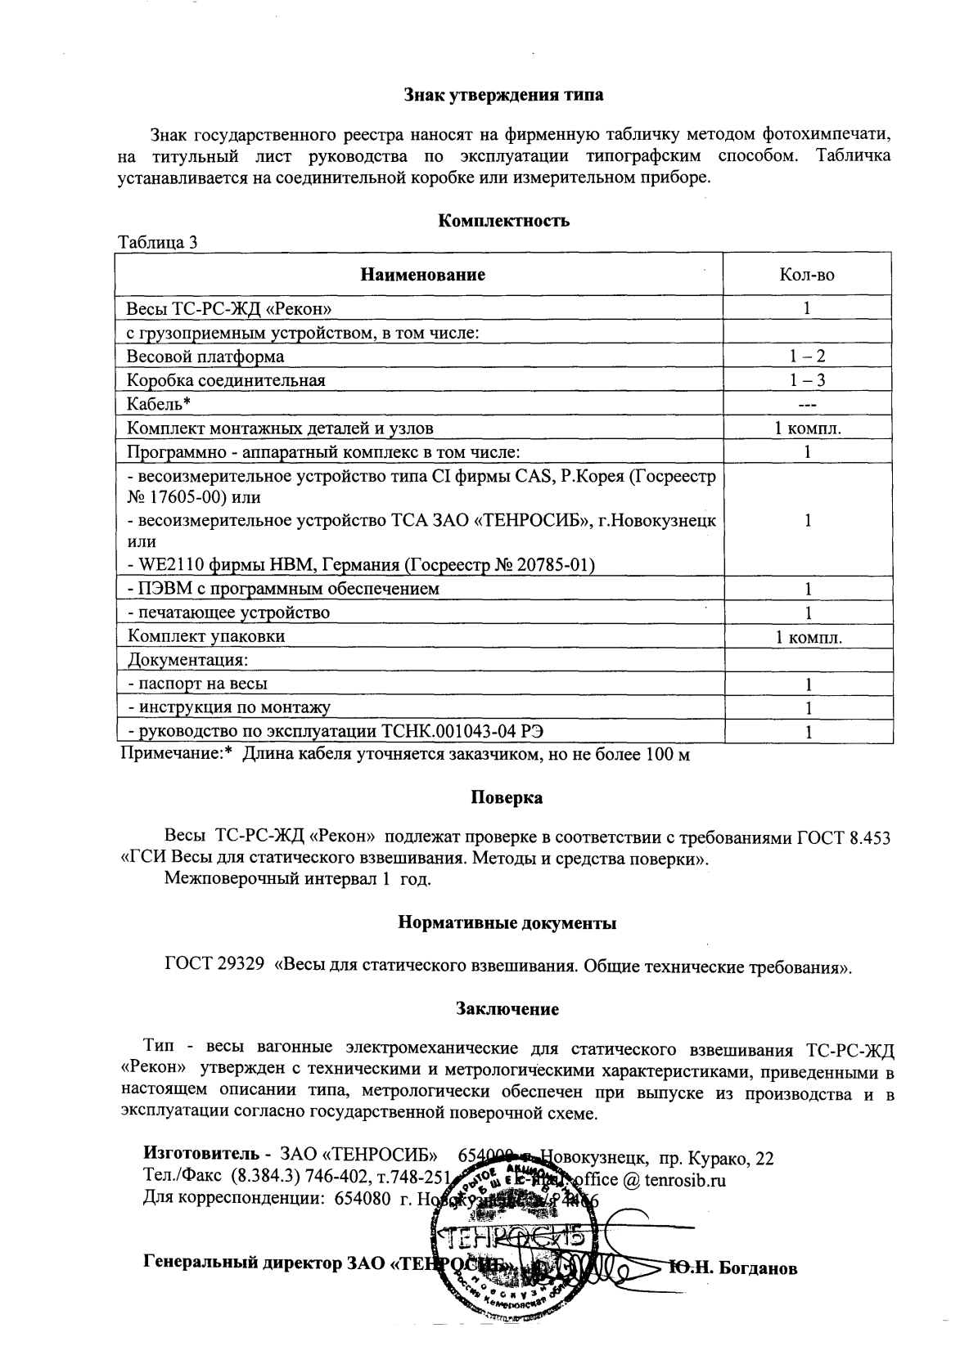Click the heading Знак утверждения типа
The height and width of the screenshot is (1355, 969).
click(505, 95)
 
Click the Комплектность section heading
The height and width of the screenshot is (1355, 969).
click(504, 221)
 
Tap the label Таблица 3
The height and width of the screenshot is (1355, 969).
click(158, 242)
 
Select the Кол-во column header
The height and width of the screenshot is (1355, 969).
click(807, 275)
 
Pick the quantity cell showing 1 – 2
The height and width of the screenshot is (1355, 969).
click(807, 357)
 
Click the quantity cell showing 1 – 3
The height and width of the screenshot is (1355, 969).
click(807, 380)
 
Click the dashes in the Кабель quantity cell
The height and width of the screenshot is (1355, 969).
click(807, 404)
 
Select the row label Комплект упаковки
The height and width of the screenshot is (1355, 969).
click(205, 636)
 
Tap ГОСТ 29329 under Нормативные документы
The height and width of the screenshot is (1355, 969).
click(214, 966)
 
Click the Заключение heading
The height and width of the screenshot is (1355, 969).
click(507, 1009)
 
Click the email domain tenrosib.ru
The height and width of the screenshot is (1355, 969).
click(685, 1180)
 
